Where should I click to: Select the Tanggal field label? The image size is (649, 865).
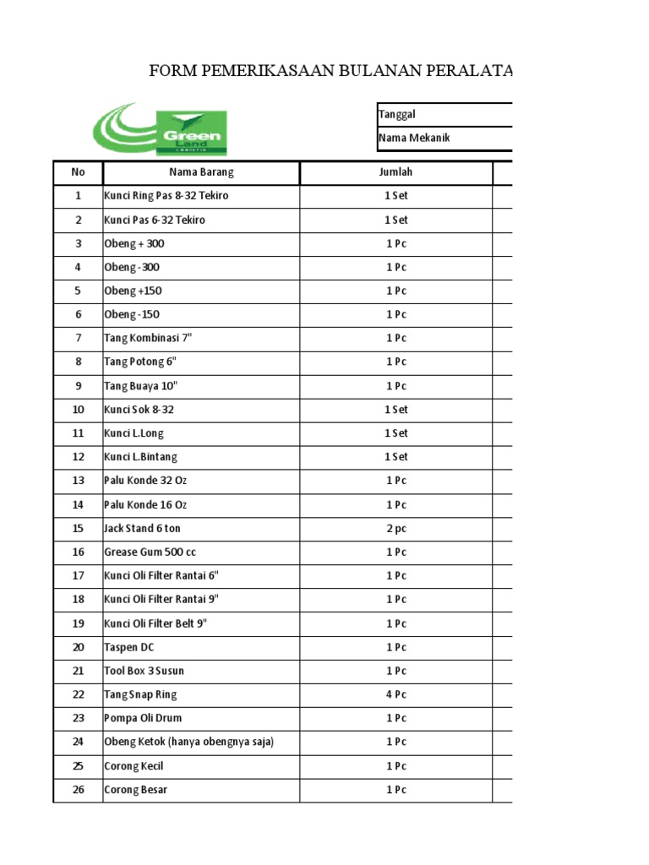coord(397,115)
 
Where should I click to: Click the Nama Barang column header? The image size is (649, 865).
coord(201,172)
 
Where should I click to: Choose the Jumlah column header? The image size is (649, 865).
coord(395,172)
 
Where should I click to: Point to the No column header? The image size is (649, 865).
coord(79,172)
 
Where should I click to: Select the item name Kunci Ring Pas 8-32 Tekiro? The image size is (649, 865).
coord(166,196)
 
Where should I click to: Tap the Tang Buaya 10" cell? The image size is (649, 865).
coord(141,386)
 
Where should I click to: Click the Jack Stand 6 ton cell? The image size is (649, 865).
coord(142,529)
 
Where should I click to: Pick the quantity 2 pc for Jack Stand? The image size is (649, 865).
coord(395,529)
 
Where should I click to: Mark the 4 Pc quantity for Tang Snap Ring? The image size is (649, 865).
coord(395,695)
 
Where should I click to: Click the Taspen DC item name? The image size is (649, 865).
coord(129,648)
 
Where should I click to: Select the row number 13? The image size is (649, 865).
coord(79,481)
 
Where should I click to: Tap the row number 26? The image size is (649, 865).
coord(79,791)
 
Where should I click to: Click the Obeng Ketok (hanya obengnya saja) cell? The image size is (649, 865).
coord(188,743)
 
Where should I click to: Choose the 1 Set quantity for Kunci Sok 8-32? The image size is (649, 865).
coord(395,410)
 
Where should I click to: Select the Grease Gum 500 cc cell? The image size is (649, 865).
coord(150,552)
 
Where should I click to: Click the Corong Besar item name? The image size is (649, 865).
coord(135,791)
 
